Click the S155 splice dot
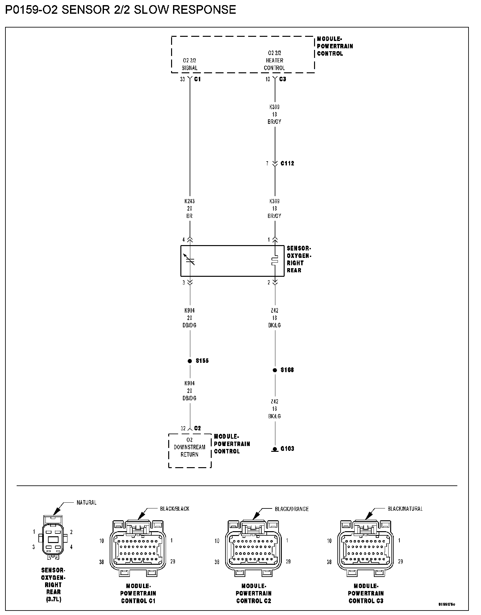[x=190, y=361]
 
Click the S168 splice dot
[x=275, y=370]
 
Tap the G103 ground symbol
[x=275, y=449]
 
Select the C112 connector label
[x=287, y=164]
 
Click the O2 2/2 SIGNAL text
[x=190, y=64]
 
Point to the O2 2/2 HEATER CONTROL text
[x=274, y=60]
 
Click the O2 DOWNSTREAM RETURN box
[x=190, y=450]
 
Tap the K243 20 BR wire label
[x=190, y=208]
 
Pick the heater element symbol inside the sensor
[x=275, y=261]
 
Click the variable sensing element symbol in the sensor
[x=190, y=260]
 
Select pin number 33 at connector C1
[x=182, y=79]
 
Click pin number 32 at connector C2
[x=183, y=428]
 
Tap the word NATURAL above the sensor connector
[x=86, y=502]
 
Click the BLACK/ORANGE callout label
[x=292, y=509]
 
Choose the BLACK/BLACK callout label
[x=175, y=509]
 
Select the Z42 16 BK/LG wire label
[x=275, y=409]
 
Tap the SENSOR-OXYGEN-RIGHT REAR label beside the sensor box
[x=299, y=259]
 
